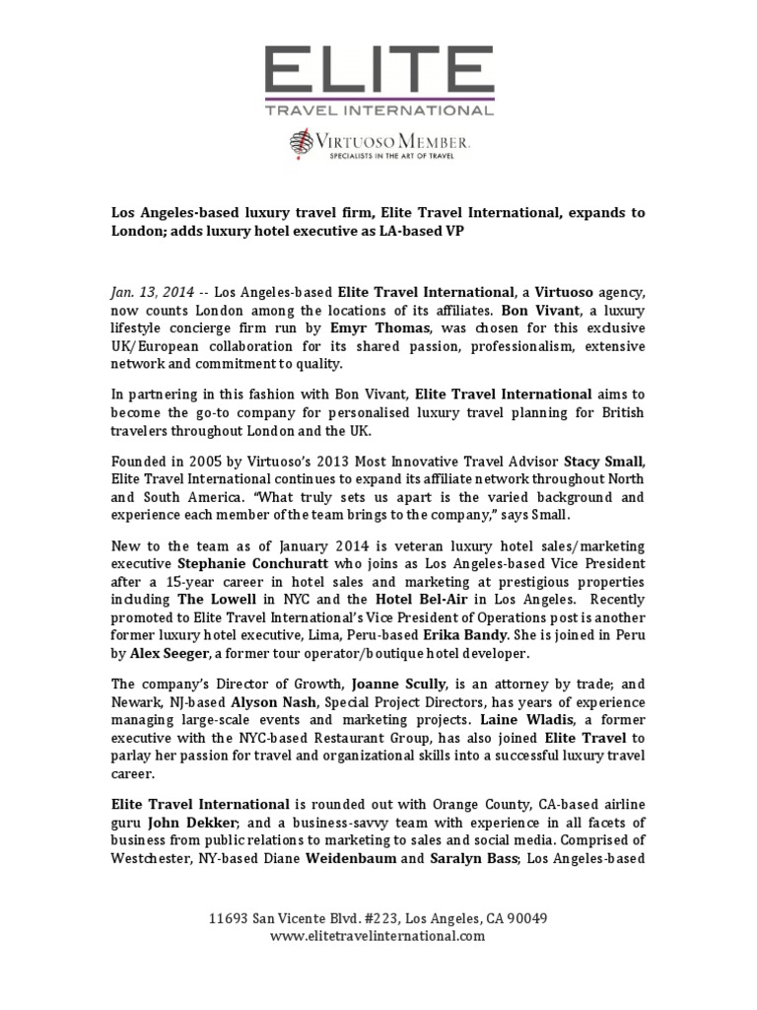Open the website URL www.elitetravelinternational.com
[x=378, y=936]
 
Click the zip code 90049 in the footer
[x=524, y=918]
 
